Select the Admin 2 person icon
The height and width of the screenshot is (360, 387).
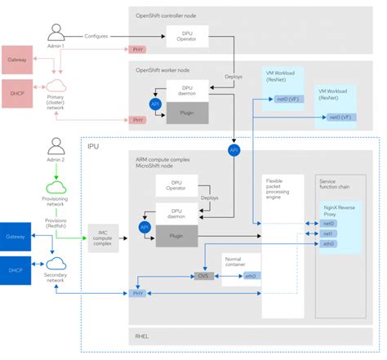pyautogui.click(x=56, y=148)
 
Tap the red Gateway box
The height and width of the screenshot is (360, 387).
pyautogui.click(x=16, y=60)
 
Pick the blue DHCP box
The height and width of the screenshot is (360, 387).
pyautogui.click(x=16, y=266)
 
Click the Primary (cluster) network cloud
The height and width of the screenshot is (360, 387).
pyautogui.click(x=56, y=85)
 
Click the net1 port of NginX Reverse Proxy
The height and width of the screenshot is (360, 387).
pyautogui.click(x=328, y=233)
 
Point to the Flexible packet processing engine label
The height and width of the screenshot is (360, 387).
pyautogui.click(x=280, y=188)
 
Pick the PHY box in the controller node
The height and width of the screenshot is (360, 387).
pyautogui.click(x=137, y=50)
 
